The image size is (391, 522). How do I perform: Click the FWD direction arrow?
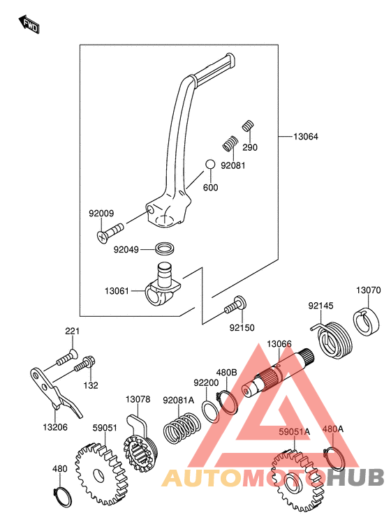[x=29, y=24]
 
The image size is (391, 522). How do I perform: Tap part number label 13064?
[x=306, y=137]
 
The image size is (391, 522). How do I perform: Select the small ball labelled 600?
[x=210, y=165]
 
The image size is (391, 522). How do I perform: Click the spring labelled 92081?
[x=230, y=143]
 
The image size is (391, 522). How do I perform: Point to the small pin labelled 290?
[x=248, y=126]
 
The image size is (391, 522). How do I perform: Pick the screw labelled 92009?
[x=110, y=232]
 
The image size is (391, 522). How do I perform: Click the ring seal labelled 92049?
[x=165, y=248]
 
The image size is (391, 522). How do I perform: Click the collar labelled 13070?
[x=367, y=321]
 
